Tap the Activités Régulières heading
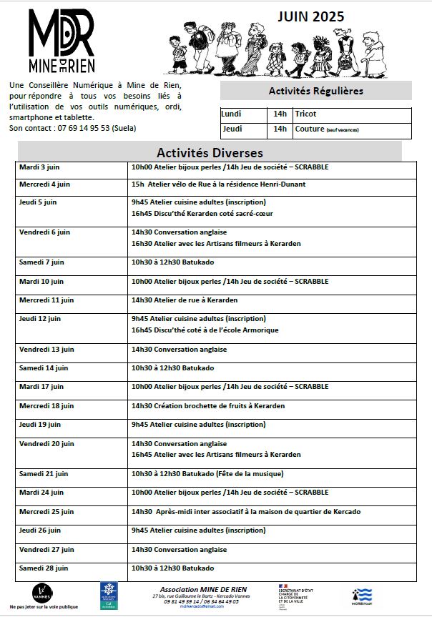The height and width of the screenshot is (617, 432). [x=315, y=91]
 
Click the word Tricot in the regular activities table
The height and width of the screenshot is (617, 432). [x=305, y=114]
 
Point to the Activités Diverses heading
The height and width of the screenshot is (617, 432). [x=210, y=153]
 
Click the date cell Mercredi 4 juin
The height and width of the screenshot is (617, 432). [x=44, y=184]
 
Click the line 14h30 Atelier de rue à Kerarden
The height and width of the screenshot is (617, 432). [x=185, y=300]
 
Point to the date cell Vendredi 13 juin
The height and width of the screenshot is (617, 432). [x=46, y=350]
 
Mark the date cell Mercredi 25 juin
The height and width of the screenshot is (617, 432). [x=46, y=512]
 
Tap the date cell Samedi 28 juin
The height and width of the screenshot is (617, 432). [x=44, y=568]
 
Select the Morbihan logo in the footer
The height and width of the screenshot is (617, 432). [x=362, y=595]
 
